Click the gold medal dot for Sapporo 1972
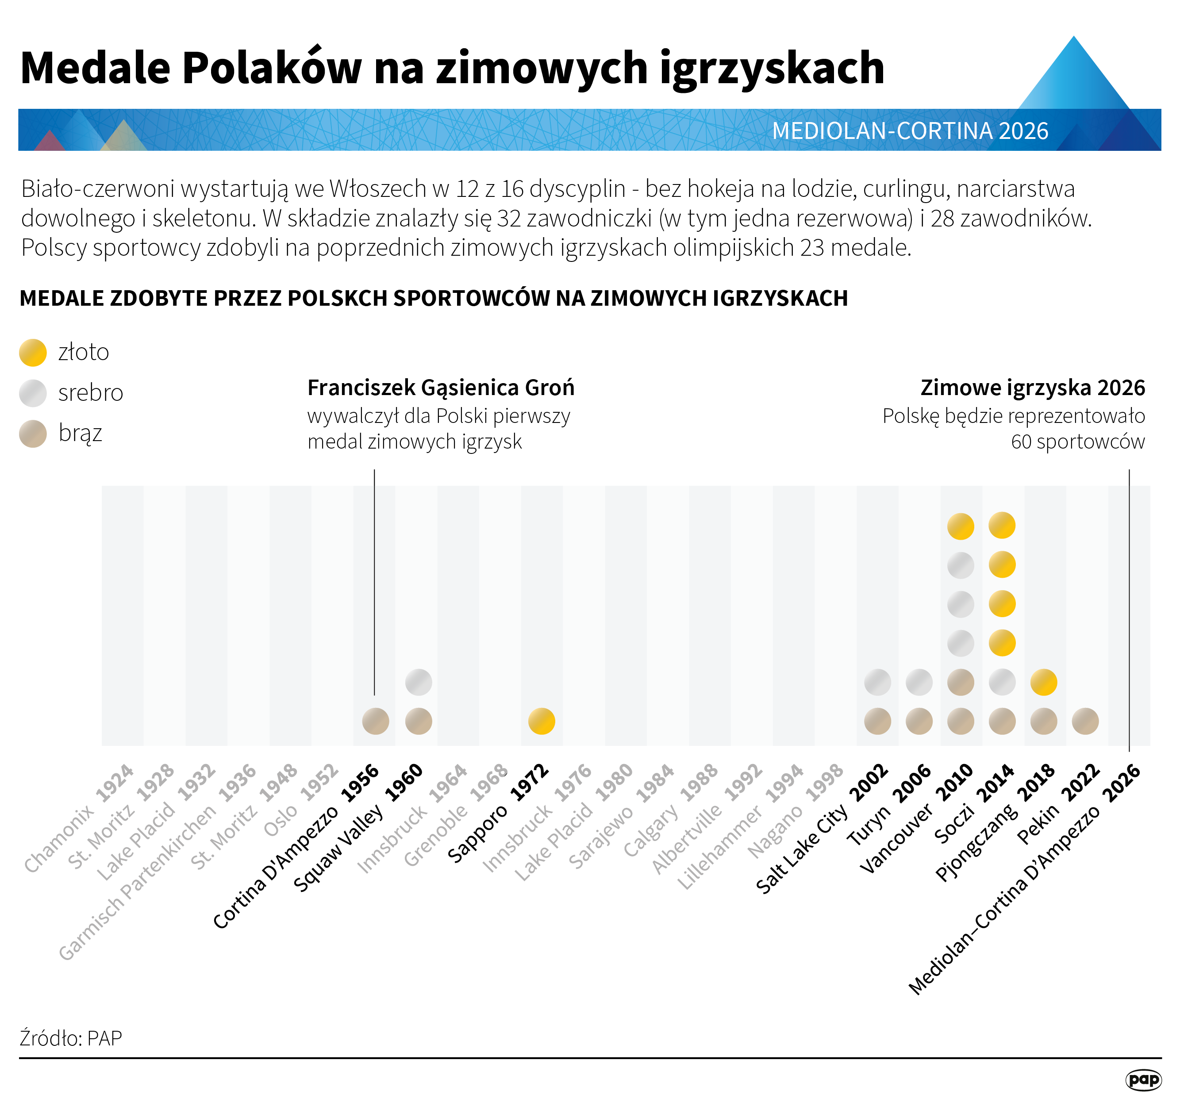(x=541, y=722)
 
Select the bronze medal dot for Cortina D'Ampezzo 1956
(x=376, y=722)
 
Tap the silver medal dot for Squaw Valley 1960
(x=419, y=682)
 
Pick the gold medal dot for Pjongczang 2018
(x=1043, y=682)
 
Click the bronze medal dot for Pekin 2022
(x=1085, y=722)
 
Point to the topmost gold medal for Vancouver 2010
(x=961, y=526)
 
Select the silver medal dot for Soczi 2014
(x=1002, y=682)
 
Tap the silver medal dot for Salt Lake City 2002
(x=877, y=682)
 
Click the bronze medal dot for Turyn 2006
(x=919, y=722)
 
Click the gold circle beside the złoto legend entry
(x=33, y=353)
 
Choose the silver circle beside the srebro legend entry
(x=33, y=393)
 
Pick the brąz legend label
(x=80, y=433)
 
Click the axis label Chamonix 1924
(x=80, y=819)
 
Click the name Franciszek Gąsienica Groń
(x=440, y=388)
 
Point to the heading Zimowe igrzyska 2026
(x=1032, y=388)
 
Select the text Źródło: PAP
(x=71, y=1038)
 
